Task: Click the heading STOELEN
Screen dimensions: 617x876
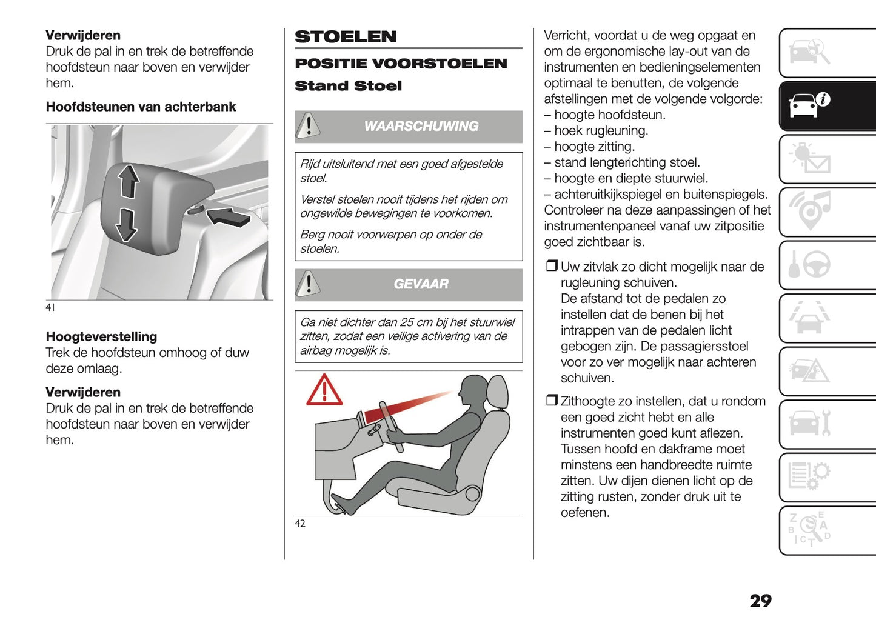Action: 346,37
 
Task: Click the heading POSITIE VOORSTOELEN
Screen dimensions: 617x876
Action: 401,64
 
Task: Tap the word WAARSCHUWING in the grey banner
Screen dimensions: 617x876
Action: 421,126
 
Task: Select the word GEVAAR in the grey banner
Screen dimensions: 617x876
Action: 421,284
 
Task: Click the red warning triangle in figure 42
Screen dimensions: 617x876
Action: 324,391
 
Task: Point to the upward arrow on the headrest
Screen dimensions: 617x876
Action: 128,181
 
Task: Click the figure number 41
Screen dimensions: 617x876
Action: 50,307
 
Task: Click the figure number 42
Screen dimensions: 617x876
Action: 300,524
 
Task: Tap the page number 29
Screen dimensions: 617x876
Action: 760,601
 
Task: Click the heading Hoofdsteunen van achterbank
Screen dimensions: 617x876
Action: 141,107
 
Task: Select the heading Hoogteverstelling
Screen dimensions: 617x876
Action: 101,337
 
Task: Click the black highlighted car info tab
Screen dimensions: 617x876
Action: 810,105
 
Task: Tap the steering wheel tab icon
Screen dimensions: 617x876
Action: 810,265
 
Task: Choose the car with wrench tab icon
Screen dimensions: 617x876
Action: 810,423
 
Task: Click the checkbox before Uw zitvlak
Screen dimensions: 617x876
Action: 551,266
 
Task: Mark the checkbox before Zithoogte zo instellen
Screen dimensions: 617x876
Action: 551,401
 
